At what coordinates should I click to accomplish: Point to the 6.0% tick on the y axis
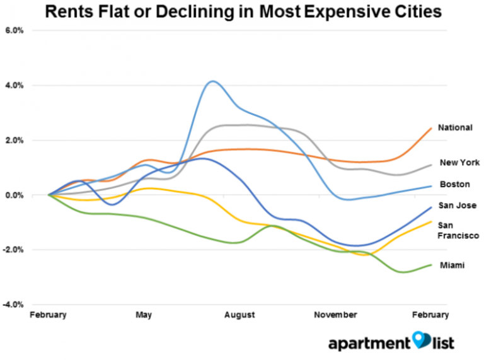tap(14, 30)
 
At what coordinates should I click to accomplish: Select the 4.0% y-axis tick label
tap(14, 85)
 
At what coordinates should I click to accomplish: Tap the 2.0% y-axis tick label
tap(14, 140)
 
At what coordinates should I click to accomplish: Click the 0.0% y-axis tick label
tap(14, 195)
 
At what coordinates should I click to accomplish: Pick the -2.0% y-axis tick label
tap(13, 250)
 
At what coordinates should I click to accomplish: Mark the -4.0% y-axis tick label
tap(13, 305)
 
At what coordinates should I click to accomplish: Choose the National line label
tap(456, 128)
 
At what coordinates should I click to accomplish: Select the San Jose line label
tap(457, 206)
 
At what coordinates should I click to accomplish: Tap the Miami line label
tap(451, 265)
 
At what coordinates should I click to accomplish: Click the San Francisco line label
tap(459, 230)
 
